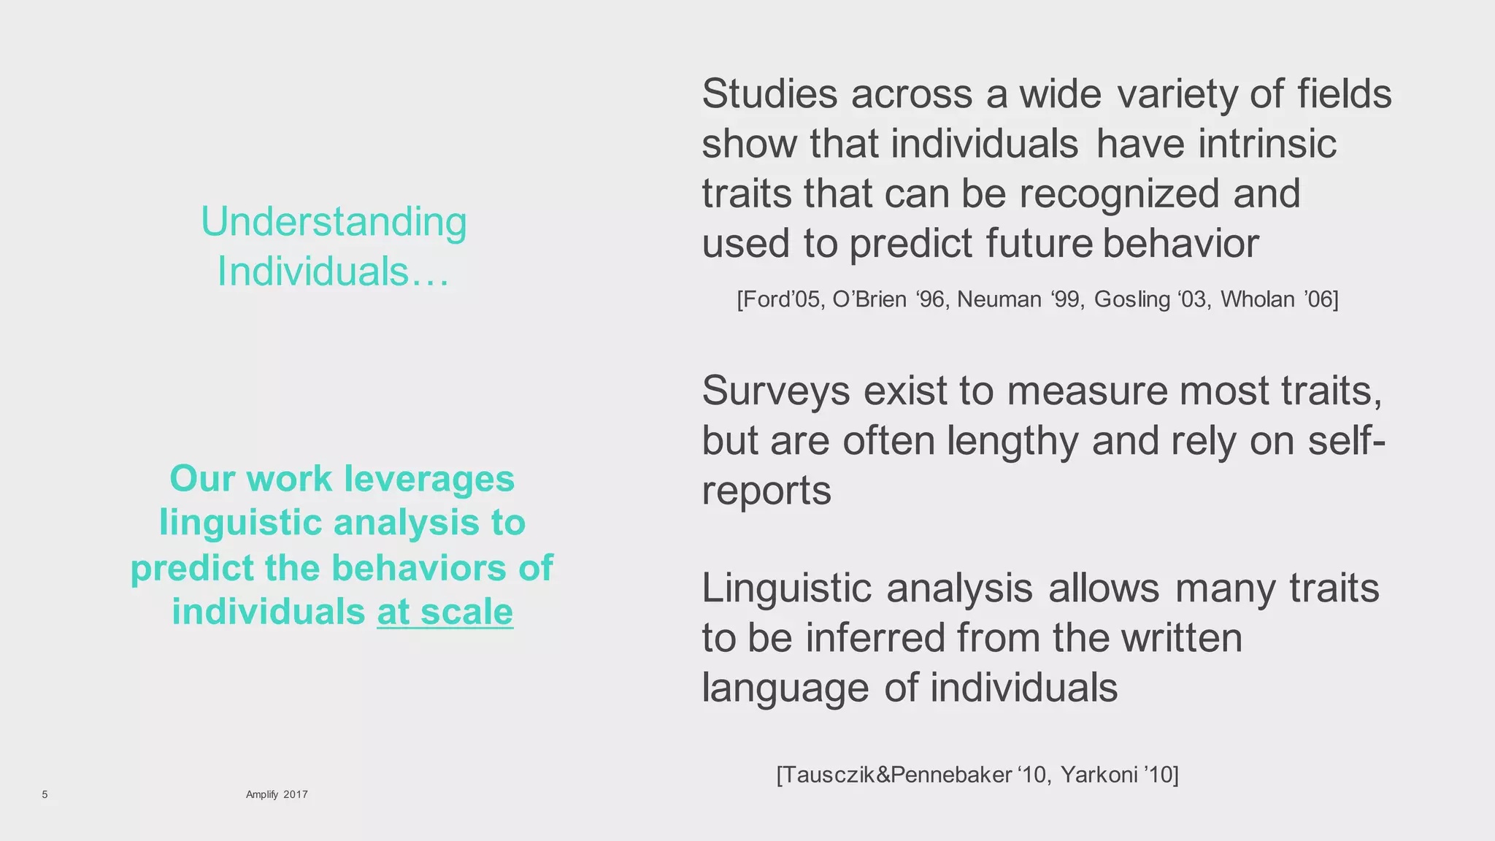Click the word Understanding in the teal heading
[334, 222]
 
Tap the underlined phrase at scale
[445, 612]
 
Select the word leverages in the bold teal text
[429, 479]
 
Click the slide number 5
[45, 794]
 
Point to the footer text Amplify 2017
[277, 794]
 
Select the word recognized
[1119, 193]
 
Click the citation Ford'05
[780, 299]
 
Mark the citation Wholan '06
[1279, 299]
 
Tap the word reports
[766, 491]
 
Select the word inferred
[875, 638]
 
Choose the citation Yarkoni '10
[1119, 775]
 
